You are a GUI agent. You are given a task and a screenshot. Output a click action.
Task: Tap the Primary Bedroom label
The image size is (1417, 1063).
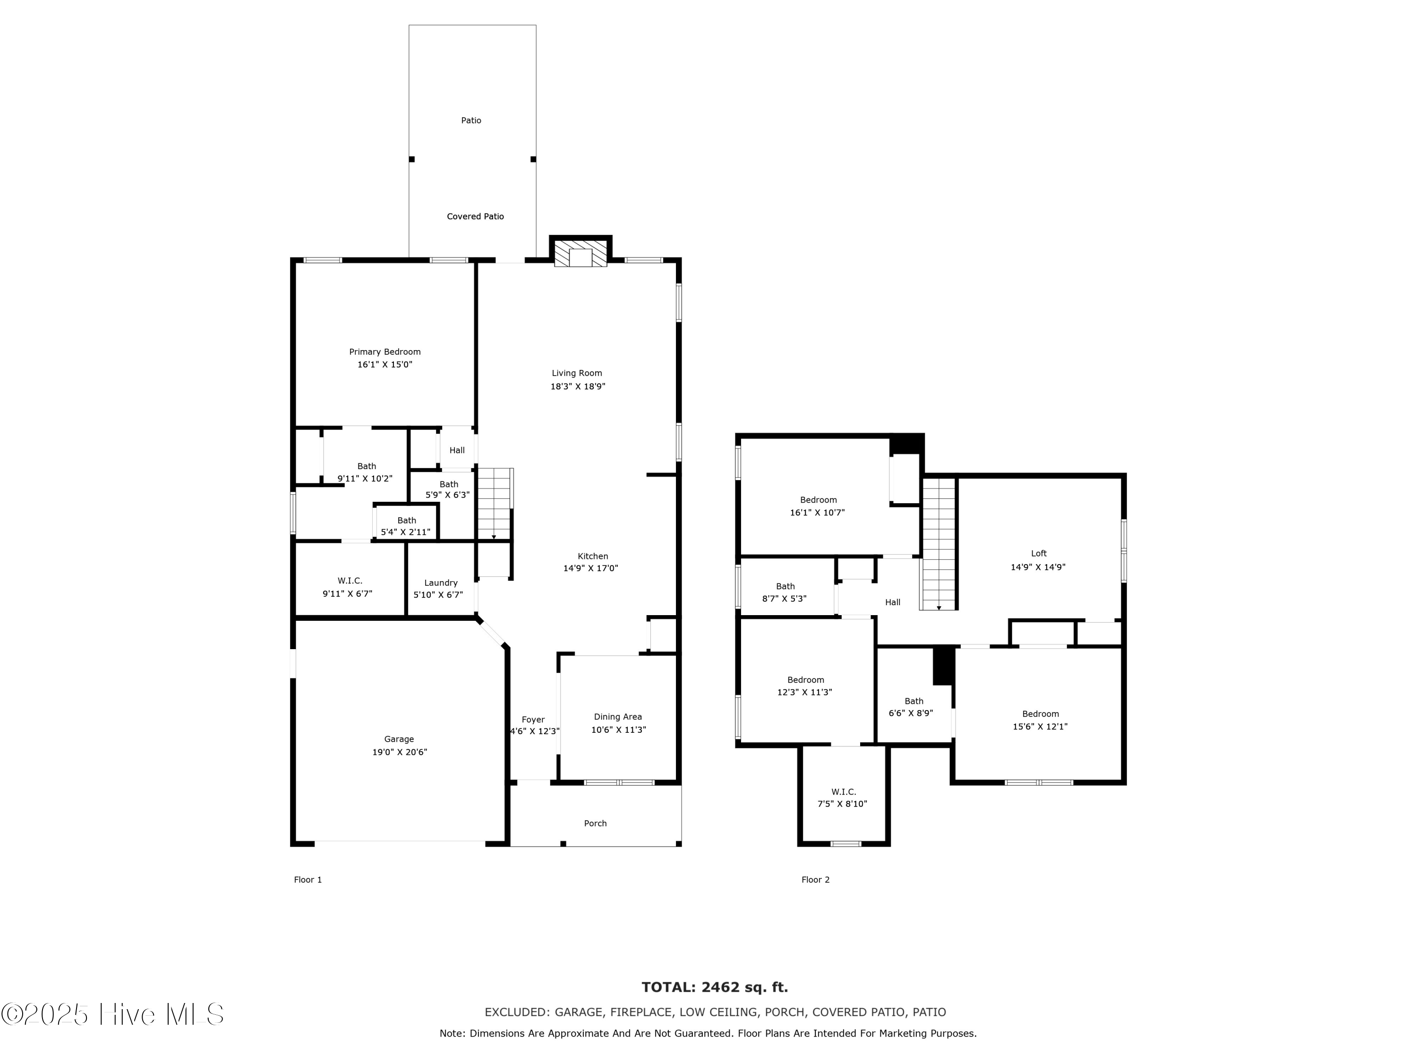[x=384, y=352]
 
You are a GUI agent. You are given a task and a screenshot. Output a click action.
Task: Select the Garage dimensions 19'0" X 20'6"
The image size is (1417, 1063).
[x=399, y=752]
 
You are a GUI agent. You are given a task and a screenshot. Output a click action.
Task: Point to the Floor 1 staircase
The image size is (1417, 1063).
[x=495, y=504]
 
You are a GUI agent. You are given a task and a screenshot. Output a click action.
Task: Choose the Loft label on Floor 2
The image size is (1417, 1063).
[x=1038, y=554]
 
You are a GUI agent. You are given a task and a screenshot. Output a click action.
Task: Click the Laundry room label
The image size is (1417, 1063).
[x=441, y=583]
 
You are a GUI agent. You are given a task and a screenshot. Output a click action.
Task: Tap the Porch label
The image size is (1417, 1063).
[x=595, y=823]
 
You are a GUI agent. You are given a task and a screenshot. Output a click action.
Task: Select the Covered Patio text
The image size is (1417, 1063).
[x=475, y=216]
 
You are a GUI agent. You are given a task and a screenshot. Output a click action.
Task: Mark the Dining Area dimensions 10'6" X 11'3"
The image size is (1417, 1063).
[x=618, y=730]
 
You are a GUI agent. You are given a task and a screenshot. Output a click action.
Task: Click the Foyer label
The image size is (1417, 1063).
[x=533, y=720]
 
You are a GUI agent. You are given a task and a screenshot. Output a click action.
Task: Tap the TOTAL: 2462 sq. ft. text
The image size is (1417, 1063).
[x=715, y=987]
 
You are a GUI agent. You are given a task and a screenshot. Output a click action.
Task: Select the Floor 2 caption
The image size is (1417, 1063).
[x=815, y=880]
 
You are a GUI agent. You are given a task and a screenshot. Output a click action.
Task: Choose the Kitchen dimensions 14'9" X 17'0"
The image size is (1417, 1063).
[x=590, y=568]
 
